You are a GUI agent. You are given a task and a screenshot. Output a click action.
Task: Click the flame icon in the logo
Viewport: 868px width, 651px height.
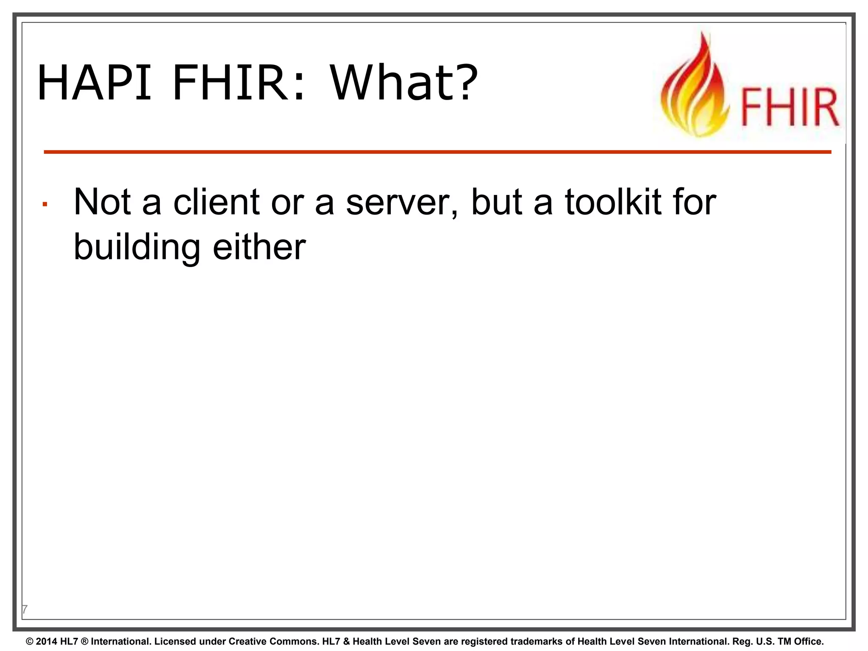pos(695,87)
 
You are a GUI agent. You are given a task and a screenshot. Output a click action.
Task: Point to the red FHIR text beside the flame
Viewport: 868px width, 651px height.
pos(790,108)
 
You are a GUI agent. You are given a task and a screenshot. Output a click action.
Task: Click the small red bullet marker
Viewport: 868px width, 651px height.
pos(45,205)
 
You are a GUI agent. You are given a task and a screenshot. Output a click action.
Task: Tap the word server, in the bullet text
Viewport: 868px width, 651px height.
pos(403,203)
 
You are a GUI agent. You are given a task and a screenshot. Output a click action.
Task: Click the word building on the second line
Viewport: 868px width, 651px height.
pos(137,248)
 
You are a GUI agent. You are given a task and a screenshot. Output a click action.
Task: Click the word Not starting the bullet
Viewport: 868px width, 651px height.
pos(102,202)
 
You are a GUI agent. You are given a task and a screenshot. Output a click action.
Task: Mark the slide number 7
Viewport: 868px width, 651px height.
pos(25,609)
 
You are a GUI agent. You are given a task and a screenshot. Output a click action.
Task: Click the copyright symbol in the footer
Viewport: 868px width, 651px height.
pos(30,642)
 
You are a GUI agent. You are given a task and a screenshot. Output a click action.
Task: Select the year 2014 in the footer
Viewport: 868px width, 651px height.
pos(47,642)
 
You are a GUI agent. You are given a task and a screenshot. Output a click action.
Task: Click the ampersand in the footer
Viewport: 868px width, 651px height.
pos(346,642)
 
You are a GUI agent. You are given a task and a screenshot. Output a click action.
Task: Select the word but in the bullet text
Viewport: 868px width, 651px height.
pos(496,202)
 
